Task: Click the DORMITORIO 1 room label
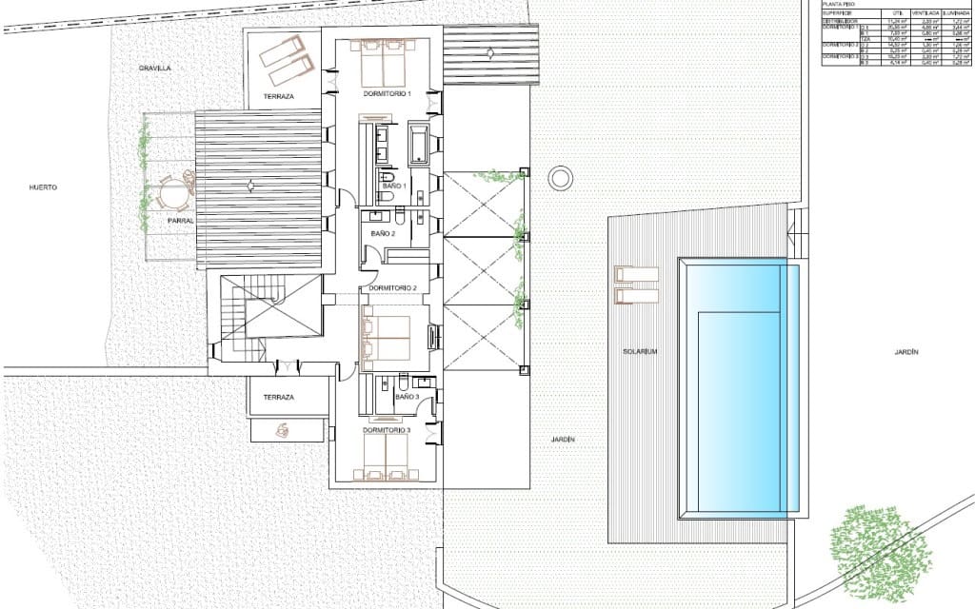pyautogui.click(x=387, y=94)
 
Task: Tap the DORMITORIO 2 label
pyautogui.click(x=393, y=288)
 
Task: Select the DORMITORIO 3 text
pyautogui.click(x=387, y=430)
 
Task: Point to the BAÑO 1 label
pyautogui.click(x=394, y=186)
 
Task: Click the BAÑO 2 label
pyautogui.click(x=383, y=233)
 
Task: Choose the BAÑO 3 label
pyautogui.click(x=407, y=395)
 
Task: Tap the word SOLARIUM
pyautogui.click(x=641, y=351)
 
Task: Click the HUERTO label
pyautogui.click(x=43, y=187)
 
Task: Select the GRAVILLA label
pyautogui.click(x=153, y=69)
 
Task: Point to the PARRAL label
pyautogui.click(x=181, y=221)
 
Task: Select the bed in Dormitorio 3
pyautogui.click(x=387, y=460)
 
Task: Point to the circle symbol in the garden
pyautogui.click(x=561, y=177)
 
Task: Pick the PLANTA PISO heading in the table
pyautogui.click(x=838, y=5)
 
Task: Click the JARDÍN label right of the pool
pyautogui.click(x=906, y=352)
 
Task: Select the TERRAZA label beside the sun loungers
pyautogui.click(x=280, y=97)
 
